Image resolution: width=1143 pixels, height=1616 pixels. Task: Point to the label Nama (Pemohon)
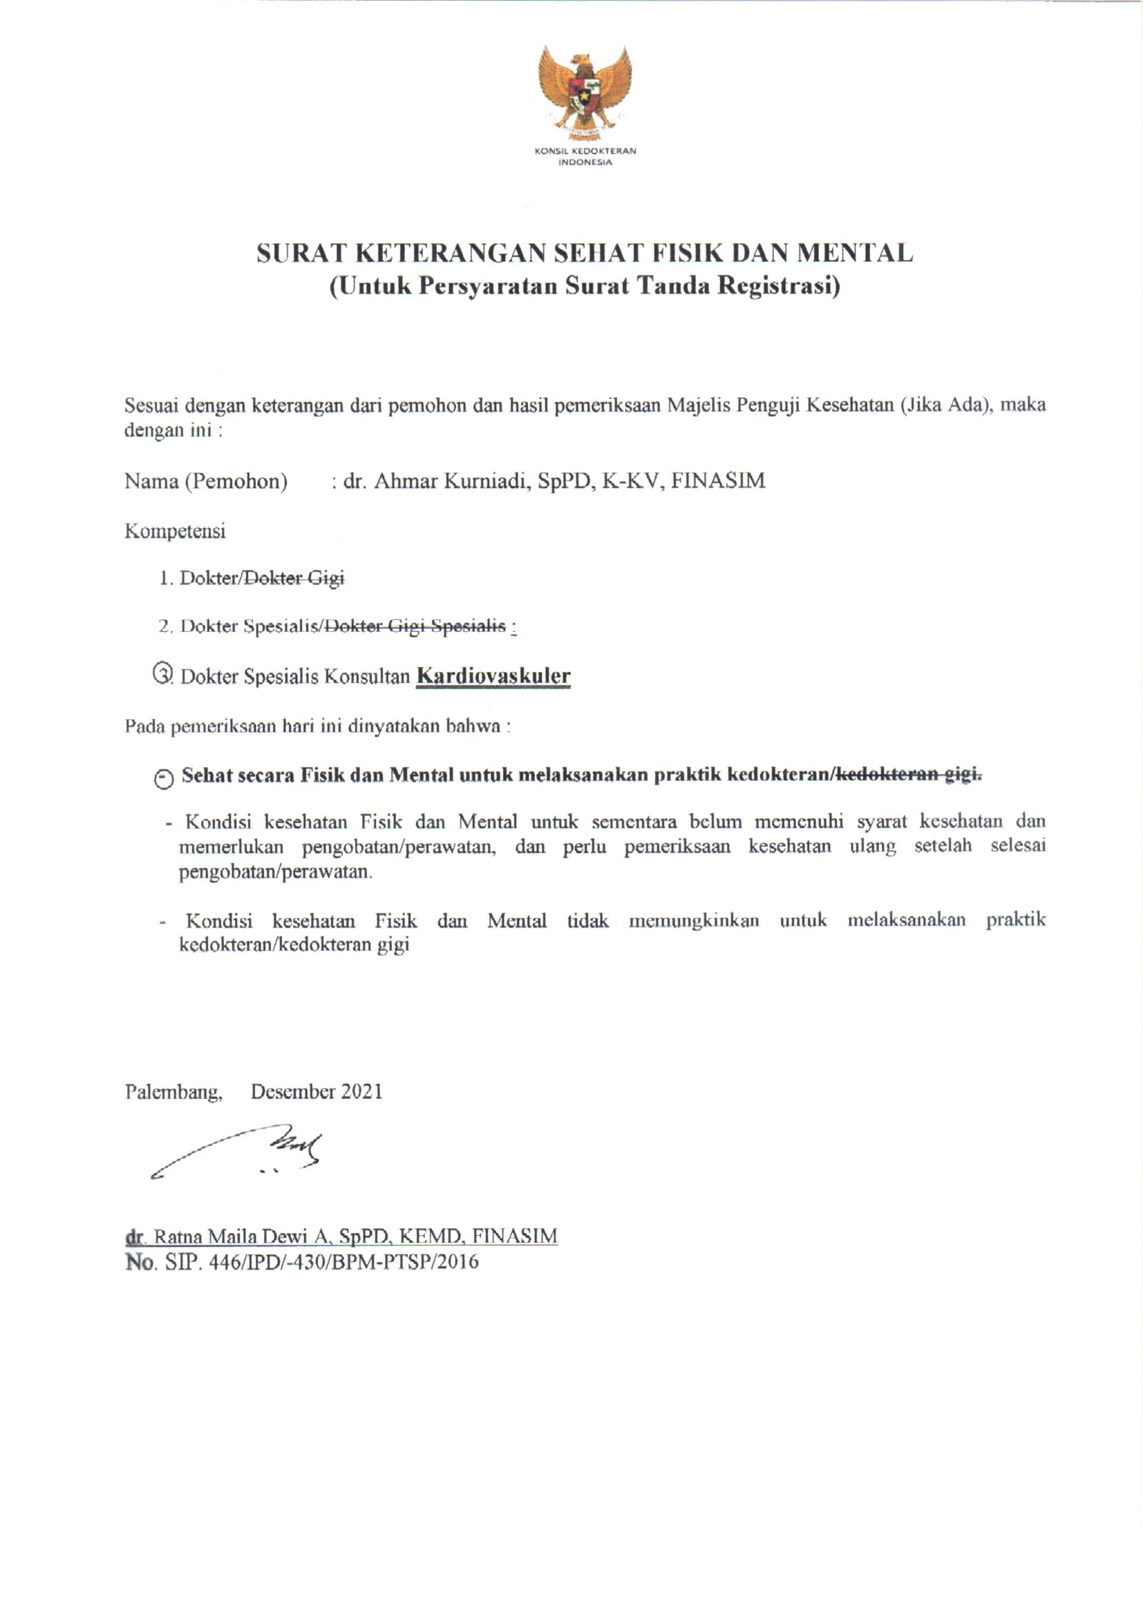(206, 482)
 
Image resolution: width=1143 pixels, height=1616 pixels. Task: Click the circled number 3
(162, 674)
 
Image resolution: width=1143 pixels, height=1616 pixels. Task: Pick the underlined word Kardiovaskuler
(493, 676)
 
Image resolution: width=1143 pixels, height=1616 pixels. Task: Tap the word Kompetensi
(176, 531)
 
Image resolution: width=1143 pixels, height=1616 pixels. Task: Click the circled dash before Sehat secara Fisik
(163, 778)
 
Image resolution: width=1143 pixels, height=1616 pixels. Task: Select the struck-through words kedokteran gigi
(909, 775)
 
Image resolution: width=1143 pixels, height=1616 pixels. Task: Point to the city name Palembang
(174, 1091)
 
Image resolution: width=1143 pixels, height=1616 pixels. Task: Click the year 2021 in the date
(361, 1091)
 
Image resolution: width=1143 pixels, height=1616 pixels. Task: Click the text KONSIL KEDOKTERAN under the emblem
(585, 151)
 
